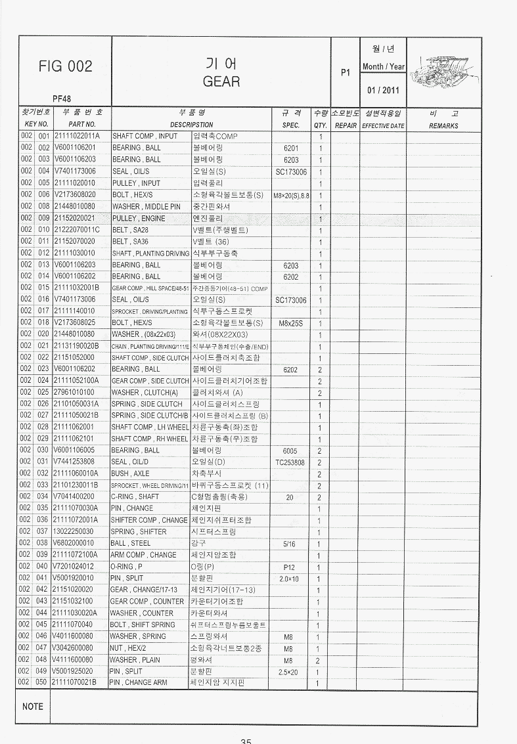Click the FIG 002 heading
pyautogui.click(x=65, y=66)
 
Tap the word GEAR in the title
pyautogui.click(x=221, y=81)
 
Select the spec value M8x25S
pyautogui.click(x=290, y=323)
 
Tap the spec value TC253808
pyautogui.click(x=290, y=462)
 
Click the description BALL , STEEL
pyautogui.click(x=131, y=544)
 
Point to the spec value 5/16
pyautogui.click(x=290, y=544)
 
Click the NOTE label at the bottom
pyautogui.click(x=33, y=707)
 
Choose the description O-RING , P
pyautogui.click(x=126, y=567)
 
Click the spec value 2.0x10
pyautogui.click(x=289, y=579)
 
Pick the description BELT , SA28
pyautogui.click(x=131, y=230)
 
